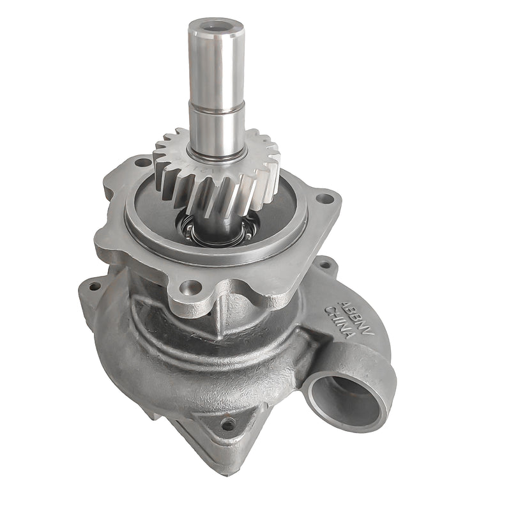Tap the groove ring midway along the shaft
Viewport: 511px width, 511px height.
pyautogui.click(x=215, y=110)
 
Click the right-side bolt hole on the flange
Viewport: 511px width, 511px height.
pyautogui.click(x=324, y=199)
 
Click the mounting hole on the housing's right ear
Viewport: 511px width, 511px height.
pyautogui.click(x=326, y=263)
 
